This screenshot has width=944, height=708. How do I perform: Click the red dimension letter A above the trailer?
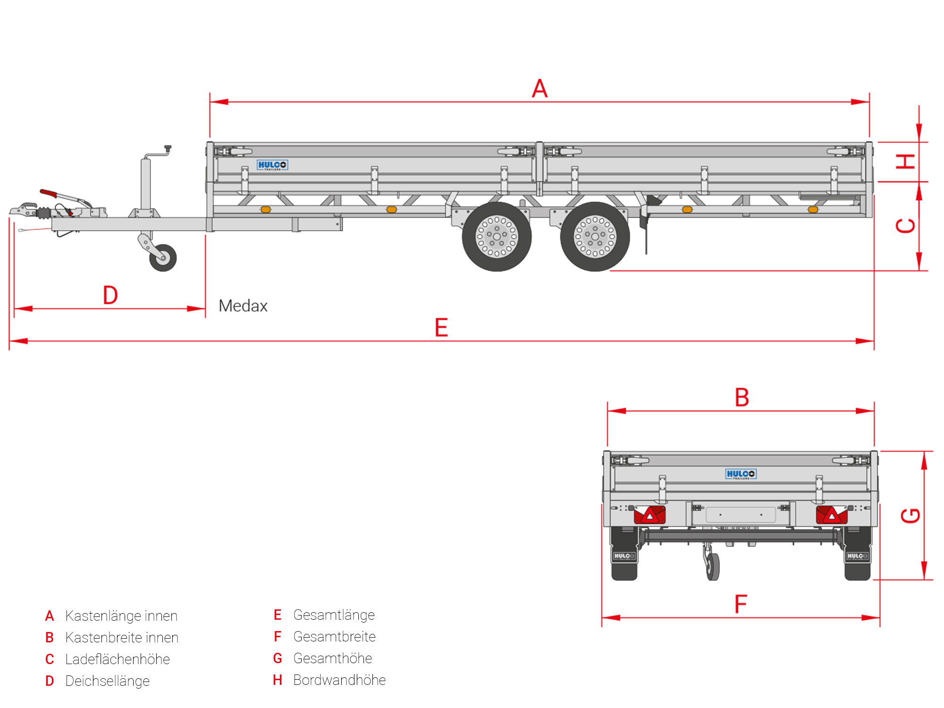(539, 89)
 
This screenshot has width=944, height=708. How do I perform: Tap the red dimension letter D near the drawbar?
(110, 295)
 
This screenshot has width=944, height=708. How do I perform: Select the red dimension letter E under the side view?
(441, 328)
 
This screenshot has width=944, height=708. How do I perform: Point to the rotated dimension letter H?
(906, 161)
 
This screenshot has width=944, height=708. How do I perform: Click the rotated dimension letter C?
(906, 226)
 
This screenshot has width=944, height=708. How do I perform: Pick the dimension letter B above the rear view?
(742, 397)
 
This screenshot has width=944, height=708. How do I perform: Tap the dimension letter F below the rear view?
(741, 604)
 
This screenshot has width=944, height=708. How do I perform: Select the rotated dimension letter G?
(910, 515)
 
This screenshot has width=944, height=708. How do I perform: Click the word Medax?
(243, 306)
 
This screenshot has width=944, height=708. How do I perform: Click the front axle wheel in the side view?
(497, 236)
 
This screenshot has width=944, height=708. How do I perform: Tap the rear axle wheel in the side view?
(595, 236)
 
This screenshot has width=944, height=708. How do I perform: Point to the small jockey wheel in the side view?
(163, 258)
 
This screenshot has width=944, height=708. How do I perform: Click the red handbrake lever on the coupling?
(49, 193)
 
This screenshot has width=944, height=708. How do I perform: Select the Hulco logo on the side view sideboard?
(272, 165)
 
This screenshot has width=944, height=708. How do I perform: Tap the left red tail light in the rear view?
(649, 515)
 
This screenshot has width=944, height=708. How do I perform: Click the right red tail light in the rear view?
(832, 515)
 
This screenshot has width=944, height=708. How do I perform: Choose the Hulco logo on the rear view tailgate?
(741, 474)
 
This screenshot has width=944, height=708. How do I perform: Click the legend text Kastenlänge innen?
(121, 616)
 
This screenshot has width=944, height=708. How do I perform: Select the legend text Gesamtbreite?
(334, 637)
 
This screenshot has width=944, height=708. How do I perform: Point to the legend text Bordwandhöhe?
(339, 680)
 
